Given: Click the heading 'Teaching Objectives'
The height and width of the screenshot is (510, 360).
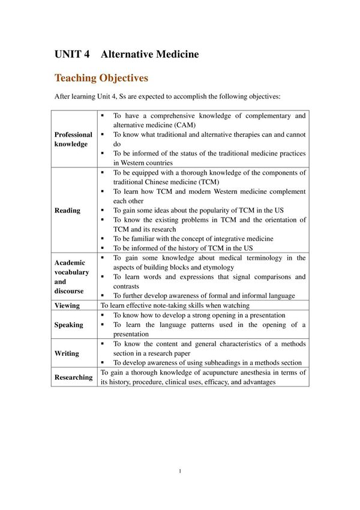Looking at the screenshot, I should [x=101, y=78].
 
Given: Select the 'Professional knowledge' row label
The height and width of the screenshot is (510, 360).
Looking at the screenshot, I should [x=73, y=139].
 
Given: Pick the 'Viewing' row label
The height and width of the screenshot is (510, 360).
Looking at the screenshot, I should [x=67, y=305].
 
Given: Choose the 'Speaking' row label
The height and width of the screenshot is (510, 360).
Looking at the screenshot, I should [x=68, y=325].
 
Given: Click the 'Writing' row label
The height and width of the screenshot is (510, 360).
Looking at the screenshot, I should [x=67, y=353].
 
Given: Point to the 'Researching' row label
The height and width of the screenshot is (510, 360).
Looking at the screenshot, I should [x=73, y=377].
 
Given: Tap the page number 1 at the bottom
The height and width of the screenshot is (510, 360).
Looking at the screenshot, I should [x=180, y=471].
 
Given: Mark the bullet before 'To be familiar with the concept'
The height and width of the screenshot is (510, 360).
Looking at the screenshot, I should [x=103, y=239].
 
